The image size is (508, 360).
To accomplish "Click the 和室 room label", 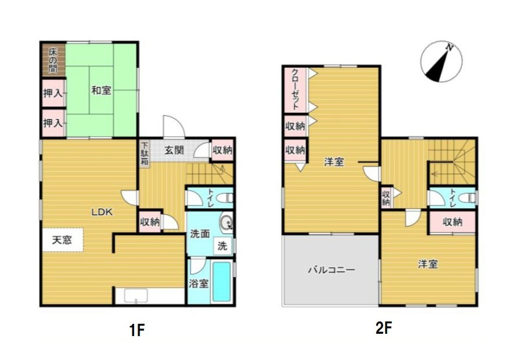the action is point(101,90).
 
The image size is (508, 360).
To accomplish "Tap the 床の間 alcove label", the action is point(53,60).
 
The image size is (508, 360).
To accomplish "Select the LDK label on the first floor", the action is point(101,212).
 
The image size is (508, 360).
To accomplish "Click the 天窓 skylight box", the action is point(62,240).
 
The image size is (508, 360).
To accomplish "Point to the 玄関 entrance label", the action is point(174,150).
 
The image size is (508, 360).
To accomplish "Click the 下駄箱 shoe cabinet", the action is point(145,153).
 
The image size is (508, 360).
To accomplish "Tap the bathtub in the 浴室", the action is point(222,282).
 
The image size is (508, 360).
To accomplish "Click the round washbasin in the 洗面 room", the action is point(225,222).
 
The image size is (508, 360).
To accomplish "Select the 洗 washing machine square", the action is point(223,246).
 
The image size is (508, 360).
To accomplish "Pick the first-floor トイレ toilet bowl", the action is point(226,198).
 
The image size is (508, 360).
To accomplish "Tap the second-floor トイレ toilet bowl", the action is point(468,197).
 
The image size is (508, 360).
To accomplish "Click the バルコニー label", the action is point(331,270).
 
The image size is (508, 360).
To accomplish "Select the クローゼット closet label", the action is point(295,89).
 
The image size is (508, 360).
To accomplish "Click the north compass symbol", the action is point(441,62).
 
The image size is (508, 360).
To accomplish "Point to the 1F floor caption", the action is point(136,330).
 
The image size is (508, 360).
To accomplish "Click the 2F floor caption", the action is point(384,328).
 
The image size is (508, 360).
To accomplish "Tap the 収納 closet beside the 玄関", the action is point(222,150).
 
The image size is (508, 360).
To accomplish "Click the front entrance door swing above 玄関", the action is point(174,127).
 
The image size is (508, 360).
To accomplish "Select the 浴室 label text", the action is point(198,284).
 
